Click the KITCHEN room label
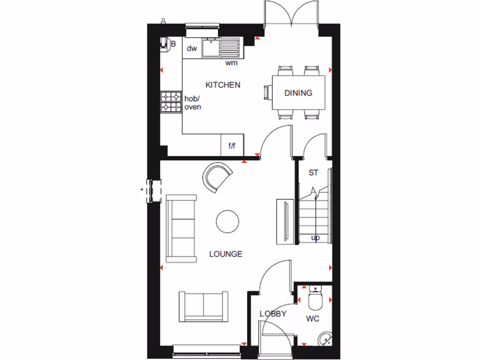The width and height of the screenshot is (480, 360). [223, 85]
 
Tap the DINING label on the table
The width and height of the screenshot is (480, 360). [298, 93]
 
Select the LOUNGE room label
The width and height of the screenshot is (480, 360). [225, 254]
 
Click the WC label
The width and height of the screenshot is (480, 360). [313, 319]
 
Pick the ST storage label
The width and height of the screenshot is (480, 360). [313, 172]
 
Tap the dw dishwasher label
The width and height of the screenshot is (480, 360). [191, 48]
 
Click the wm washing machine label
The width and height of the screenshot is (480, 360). [231, 62]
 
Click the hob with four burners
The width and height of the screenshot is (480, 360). [171, 102]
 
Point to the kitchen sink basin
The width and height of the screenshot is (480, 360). [210, 48]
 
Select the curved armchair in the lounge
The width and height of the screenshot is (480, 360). [217, 177]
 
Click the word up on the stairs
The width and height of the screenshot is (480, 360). [316, 238]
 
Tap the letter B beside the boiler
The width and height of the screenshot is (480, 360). [173, 44]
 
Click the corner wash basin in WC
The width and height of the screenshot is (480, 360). [324, 339]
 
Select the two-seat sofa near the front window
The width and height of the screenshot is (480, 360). [203, 307]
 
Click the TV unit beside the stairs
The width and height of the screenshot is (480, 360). [285, 221]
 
